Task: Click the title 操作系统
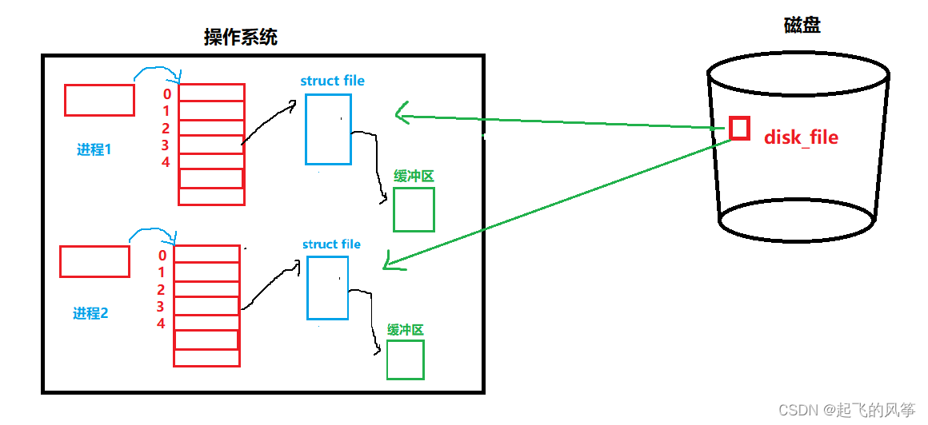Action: pos(241,37)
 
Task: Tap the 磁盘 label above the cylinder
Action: pos(802,26)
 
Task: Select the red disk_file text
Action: pos(801,137)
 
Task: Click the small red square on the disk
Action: pos(739,129)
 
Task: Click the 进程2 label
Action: pos(90,314)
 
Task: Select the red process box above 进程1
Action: pos(99,100)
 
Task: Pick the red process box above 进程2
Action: pos(94,261)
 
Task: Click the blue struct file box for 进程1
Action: pos(328,129)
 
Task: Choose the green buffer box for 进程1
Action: pos(414,209)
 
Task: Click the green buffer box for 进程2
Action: pos(405,359)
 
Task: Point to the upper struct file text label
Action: pos(332,81)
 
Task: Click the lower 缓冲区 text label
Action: pos(405,330)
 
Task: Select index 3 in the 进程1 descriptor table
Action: pos(166,145)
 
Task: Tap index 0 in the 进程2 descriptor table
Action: pos(162,256)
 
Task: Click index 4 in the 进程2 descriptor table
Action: pos(161,324)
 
